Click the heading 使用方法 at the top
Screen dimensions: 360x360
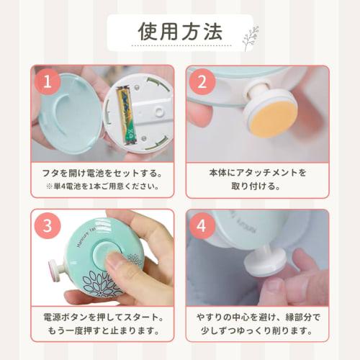[180, 32]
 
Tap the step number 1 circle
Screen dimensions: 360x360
[48, 81]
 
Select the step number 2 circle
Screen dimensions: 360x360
[202, 81]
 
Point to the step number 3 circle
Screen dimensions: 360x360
[48, 225]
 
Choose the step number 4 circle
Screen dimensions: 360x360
[202, 225]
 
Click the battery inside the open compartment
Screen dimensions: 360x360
[127, 116]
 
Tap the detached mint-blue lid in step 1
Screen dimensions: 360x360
[69, 113]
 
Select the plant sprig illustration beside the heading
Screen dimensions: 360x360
[251, 38]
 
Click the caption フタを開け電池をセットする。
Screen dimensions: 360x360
[102, 173]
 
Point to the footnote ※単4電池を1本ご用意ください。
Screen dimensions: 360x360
[103, 186]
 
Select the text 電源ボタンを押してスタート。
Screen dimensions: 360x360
[103, 318]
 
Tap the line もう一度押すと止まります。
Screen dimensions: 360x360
[103, 330]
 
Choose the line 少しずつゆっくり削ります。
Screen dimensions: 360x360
[257, 330]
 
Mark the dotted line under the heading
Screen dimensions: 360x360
[181, 45]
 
